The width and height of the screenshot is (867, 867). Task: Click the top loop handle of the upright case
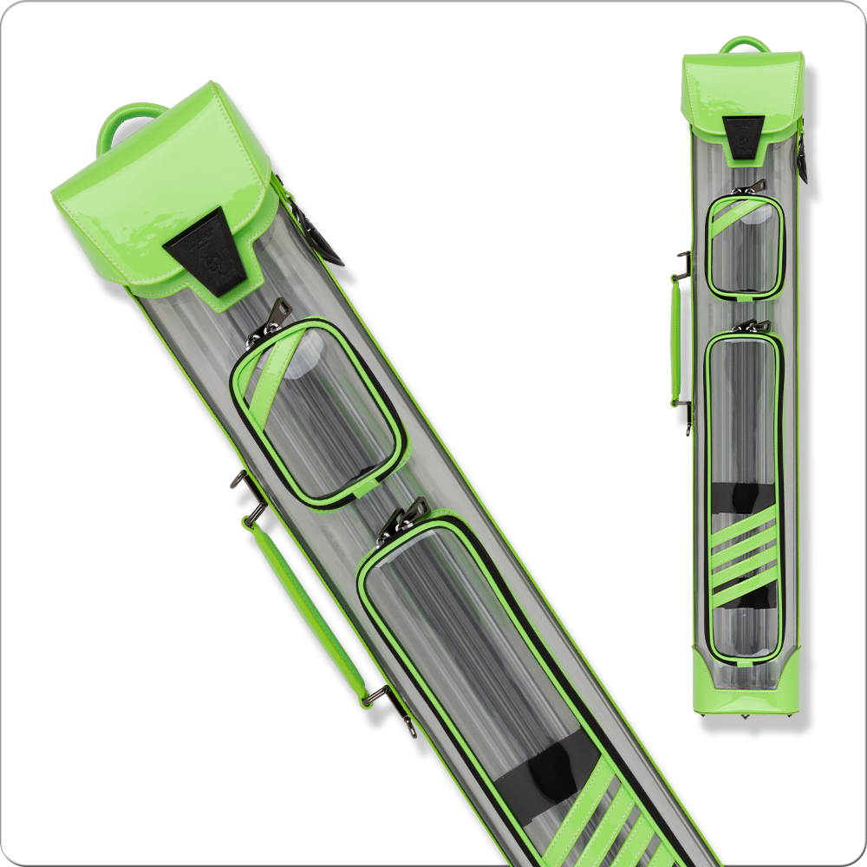click(x=744, y=44)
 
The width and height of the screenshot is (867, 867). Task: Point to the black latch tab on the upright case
click(x=744, y=137)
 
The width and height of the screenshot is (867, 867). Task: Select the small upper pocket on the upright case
click(x=744, y=246)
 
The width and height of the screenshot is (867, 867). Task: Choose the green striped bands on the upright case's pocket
click(x=745, y=555)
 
